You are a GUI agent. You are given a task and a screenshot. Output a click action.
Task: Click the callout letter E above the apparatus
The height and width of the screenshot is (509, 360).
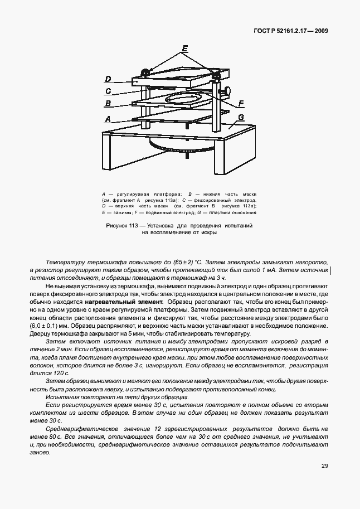coord(184,49)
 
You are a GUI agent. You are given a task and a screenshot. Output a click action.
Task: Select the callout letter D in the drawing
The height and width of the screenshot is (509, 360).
coord(108,79)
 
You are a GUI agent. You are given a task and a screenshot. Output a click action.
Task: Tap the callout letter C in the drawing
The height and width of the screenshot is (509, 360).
coord(108,91)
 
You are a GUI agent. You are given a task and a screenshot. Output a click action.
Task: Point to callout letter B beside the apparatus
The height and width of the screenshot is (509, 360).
coord(108,104)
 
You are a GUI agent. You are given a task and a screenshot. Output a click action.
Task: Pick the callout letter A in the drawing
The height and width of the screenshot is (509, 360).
coord(108,119)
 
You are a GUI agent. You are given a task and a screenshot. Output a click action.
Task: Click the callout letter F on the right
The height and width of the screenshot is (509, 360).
coord(241,103)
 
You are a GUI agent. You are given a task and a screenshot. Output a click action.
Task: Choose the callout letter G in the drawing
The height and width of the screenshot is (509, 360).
coord(241,117)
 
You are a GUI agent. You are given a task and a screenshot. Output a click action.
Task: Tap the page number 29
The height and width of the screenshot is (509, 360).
coord(324,466)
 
